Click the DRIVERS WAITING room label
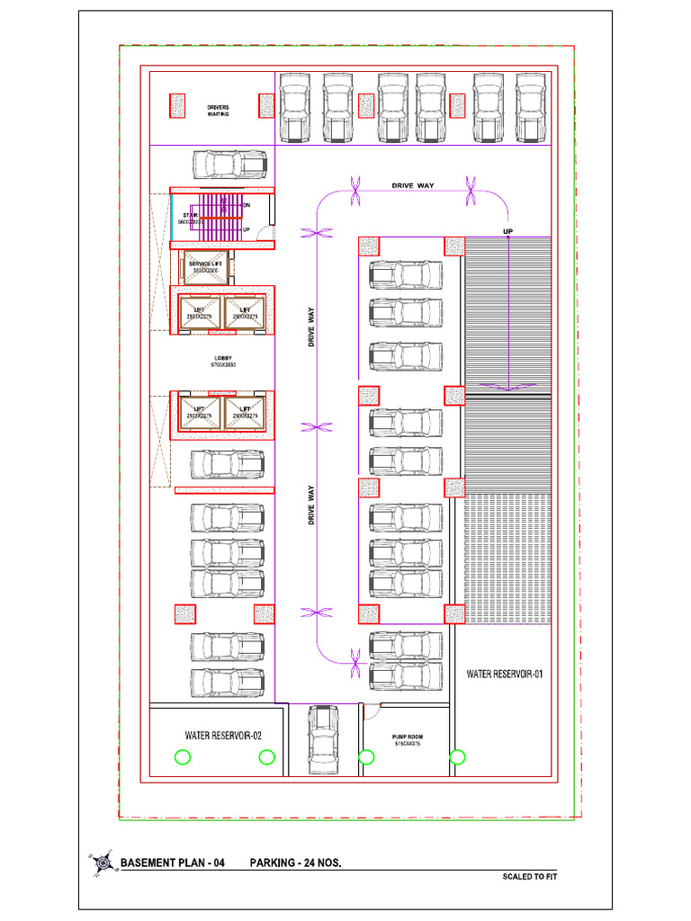[218, 111]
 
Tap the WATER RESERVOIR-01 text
[504, 674]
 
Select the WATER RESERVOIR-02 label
[223, 736]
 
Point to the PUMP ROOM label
[407, 739]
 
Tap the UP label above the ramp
[507, 231]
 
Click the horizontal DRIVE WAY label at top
[412, 186]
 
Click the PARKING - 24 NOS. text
[295, 863]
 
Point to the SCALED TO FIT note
[530, 877]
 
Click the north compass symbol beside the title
[100, 863]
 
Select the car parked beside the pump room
[324, 738]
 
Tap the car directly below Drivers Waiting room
[229, 165]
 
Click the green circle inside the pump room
[366, 757]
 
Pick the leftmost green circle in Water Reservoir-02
[183, 757]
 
